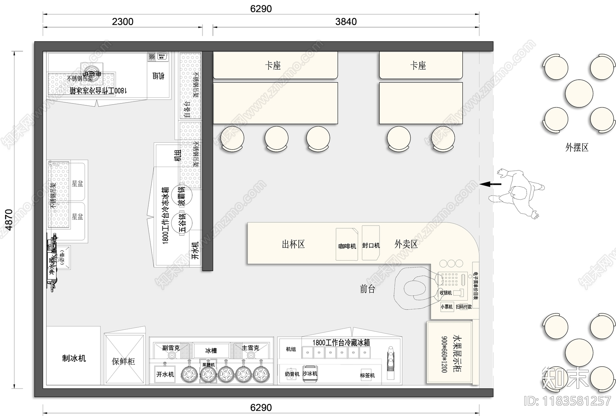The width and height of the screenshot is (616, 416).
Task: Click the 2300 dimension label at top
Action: tap(122, 22)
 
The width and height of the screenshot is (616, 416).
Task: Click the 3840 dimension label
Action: tap(346, 22)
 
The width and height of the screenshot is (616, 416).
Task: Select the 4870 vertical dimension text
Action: tap(8, 219)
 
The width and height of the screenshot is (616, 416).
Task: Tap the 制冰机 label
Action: tap(74, 358)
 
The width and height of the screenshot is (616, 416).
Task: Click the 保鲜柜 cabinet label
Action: tap(123, 361)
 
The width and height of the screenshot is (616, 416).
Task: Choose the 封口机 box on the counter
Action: tap(371, 244)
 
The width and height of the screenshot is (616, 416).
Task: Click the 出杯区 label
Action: tap(293, 244)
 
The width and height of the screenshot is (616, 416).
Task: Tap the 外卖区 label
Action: tap(406, 244)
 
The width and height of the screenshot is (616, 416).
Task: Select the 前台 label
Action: tap(367, 289)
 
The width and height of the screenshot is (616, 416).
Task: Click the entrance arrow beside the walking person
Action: tap(490, 184)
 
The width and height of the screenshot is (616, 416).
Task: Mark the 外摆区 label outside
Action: tap(577, 147)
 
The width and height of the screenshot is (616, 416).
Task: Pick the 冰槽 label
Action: tap(211, 351)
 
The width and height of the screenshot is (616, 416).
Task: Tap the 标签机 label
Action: tap(367, 375)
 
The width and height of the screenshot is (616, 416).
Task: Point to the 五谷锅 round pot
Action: tap(182, 223)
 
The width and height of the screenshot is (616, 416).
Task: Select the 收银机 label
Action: tap(445, 293)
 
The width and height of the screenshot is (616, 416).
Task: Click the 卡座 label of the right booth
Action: tap(418, 65)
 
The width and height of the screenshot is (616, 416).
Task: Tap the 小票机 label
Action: tap(447, 307)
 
